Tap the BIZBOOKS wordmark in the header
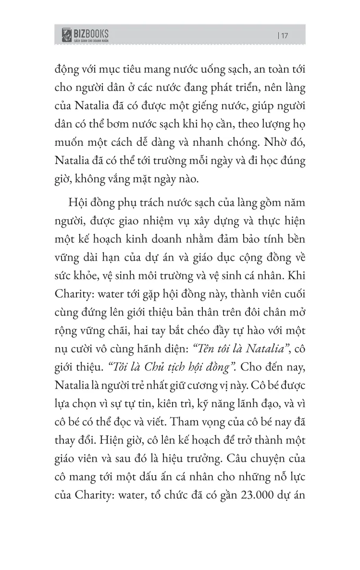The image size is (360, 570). (x=91, y=33)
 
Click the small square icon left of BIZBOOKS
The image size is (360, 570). (x=65, y=35)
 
